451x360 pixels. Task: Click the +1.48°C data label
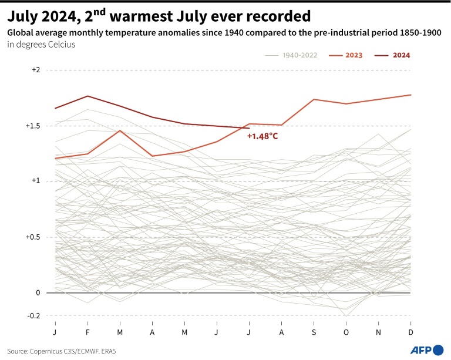[x=262, y=136]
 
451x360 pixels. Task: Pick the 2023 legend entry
[x=346, y=55]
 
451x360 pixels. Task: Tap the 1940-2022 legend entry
[x=291, y=55]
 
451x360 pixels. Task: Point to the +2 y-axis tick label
[x=36, y=70]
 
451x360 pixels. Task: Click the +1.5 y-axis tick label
[x=33, y=126]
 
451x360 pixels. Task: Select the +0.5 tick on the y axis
[x=33, y=237]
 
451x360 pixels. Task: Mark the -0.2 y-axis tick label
[x=33, y=315]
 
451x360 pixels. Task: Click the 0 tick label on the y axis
[x=38, y=292]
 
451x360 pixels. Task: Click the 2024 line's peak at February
[x=87, y=96]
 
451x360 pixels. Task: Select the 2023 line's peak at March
[x=120, y=130]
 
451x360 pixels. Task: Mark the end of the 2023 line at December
[x=410, y=95]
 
